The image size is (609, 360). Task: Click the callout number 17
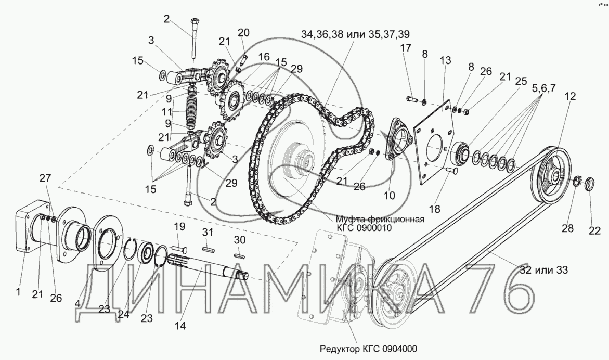406,48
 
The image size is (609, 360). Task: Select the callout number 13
446,60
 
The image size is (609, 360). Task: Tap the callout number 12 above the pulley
571,96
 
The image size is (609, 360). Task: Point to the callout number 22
594,230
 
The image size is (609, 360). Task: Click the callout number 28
567,228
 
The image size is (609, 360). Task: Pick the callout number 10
389,195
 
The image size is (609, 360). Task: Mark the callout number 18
435,209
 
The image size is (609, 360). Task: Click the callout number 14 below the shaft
180,326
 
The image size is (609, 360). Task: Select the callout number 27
45,178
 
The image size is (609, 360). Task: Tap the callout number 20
243,33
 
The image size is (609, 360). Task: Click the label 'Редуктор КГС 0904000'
368,349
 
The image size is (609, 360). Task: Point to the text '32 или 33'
543,269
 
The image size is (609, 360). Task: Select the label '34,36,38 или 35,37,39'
355,34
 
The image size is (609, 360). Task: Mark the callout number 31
208,232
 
